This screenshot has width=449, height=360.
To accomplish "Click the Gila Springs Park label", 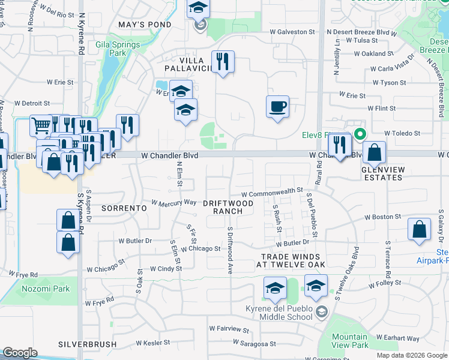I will pos(118,49).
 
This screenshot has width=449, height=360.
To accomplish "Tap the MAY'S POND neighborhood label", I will pos(145,25).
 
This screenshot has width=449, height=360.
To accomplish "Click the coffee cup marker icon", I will pos(277,107).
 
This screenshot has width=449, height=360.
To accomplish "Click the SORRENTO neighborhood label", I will pos(124,208).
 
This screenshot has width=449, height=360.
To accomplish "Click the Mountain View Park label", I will pos(349,341).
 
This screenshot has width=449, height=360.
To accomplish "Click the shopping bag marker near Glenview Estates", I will pos(374,154).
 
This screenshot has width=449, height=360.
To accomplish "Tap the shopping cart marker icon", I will pos(41,127).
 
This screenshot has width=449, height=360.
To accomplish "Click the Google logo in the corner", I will pos(20,353).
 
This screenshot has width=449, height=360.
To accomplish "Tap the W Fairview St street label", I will pos(229,329).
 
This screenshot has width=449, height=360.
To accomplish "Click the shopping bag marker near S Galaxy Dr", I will pos(419,230).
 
